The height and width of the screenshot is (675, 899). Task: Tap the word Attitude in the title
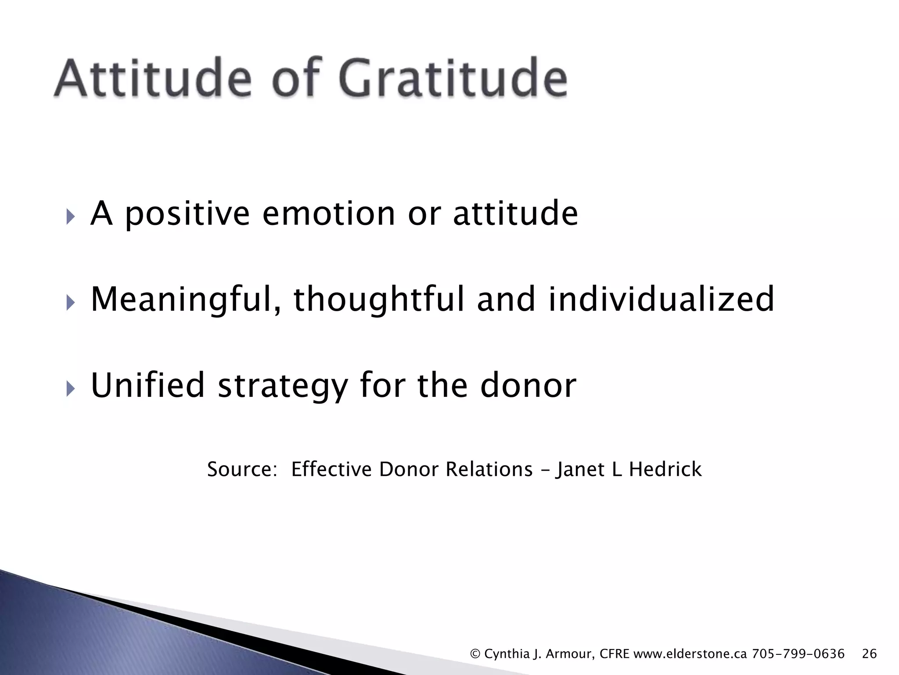[153, 78]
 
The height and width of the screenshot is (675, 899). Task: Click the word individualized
[662, 299]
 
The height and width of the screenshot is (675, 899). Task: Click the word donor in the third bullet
[528, 385]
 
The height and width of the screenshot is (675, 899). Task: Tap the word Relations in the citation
[489, 469]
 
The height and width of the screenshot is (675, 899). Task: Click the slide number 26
[869, 654]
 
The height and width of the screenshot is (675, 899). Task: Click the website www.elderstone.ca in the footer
[690, 654]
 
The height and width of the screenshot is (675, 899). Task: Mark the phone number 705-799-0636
[798, 654]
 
